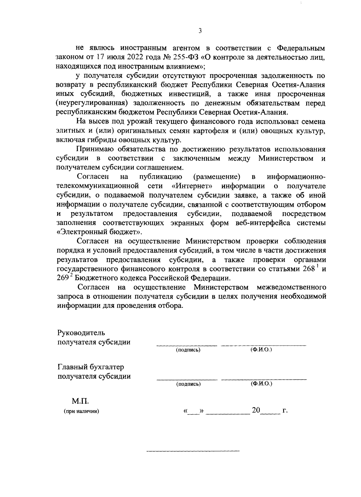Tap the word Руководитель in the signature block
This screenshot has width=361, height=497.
coord(81,333)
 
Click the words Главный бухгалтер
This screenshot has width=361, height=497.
coord(91,367)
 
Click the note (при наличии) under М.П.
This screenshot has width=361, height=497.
coord(81,412)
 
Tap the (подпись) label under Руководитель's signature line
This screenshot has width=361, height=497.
coord(188,350)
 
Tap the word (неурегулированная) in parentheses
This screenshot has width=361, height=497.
coord(90,103)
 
